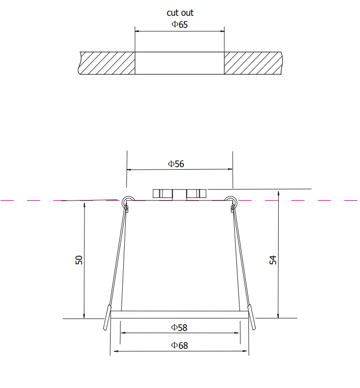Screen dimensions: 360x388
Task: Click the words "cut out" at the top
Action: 180,13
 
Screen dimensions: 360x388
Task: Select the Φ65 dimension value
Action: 180,25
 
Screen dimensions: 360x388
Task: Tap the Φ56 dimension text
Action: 176,164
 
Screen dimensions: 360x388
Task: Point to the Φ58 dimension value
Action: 179,328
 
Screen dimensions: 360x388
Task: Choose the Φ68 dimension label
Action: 180,346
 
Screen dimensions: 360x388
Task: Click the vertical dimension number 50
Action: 79,260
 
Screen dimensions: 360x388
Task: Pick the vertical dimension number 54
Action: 273,260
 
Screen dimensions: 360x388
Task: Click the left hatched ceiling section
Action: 107,63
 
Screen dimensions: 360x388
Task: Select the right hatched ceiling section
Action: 253,63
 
